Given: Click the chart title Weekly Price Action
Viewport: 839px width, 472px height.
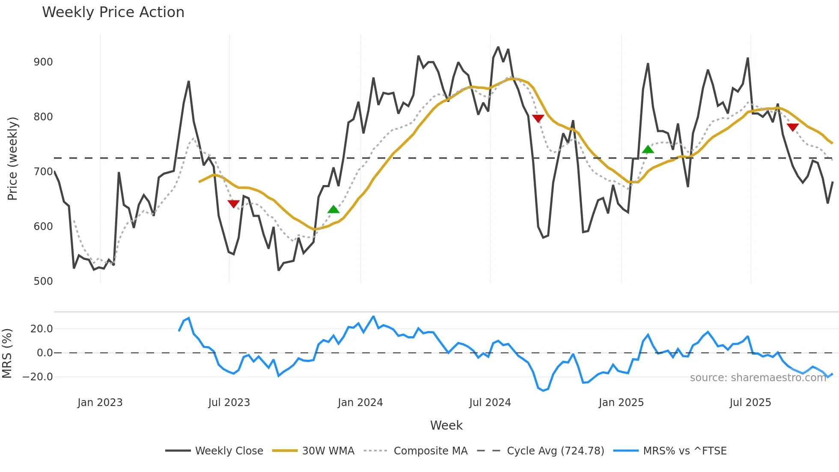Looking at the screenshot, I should pyautogui.click(x=113, y=12).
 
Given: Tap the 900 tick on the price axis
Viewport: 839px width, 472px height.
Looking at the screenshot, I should pyautogui.click(x=43, y=62).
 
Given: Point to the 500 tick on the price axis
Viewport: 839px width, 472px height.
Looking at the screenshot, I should pyautogui.click(x=43, y=281).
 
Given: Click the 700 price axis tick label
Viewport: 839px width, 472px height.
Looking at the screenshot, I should pyautogui.click(x=43, y=172).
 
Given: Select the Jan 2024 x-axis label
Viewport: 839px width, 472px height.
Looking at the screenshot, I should pyautogui.click(x=360, y=403).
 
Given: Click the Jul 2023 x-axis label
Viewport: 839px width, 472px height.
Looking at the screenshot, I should pyautogui.click(x=229, y=403).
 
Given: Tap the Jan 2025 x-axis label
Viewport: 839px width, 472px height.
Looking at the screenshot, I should pyautogui.click(x=621, y=403).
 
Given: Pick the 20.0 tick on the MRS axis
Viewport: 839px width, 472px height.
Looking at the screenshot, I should pyautogui.click(x=42, y=329).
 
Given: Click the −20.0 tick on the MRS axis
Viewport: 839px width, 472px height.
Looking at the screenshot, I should pyautogui.click(x=38, y=377).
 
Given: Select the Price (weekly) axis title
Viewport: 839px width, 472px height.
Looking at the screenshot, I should pyautogui.click(x=12, y=158).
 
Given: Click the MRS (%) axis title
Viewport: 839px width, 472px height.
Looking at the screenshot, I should pyautogui.click(x=7, y=353).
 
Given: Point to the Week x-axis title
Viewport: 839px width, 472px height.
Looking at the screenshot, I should pyautogui.click(x=446, y=425).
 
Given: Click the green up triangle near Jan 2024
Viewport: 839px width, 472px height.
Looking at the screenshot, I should pyautogui.click(x=333, y=209).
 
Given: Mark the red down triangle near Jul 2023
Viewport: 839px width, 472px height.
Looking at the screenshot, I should pyautogui.click(x=233, y=204).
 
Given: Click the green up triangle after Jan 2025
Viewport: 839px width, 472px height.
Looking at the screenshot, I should pyautogui.click(x=648, y=149).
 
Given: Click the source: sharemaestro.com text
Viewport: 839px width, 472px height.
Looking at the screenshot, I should pyautogui.click(x=758, y=378).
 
